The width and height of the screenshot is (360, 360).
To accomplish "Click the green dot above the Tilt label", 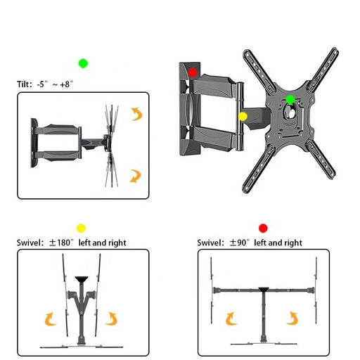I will [83, 63].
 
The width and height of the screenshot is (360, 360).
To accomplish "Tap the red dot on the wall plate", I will [193, 72].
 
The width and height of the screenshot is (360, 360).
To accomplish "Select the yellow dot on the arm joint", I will [243, 116].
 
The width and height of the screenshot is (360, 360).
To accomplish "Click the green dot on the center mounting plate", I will [290, 99].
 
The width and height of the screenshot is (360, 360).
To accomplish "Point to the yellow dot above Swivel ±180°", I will [81, 228].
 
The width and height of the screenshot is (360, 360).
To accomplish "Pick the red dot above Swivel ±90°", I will [263, 228].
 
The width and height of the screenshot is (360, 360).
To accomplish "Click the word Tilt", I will [24, 84].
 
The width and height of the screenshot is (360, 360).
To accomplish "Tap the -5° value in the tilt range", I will [44, 84].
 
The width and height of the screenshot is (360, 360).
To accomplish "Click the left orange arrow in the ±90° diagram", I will [231, 319].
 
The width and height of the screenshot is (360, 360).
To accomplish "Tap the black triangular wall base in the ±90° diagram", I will [263, 291].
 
